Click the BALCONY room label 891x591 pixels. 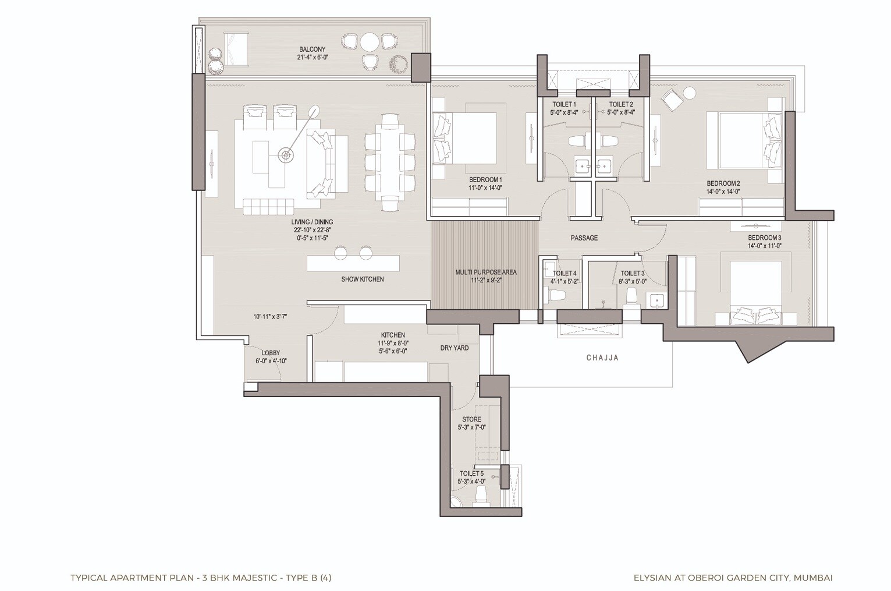pos(312,49)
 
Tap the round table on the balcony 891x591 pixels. pos(370,42)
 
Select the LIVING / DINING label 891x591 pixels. pos(312,222)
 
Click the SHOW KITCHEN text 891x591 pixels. pos(362,279)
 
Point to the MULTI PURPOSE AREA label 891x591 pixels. pos(485,272)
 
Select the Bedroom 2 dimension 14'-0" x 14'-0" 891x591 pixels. pos(723,191)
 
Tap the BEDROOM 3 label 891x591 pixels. pos(764,238)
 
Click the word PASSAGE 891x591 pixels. pos(584,238)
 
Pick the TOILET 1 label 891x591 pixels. pos(564,104)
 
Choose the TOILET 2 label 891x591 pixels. pos(620,104)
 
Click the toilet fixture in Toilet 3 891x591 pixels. pos(630,298)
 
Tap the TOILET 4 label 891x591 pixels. pos(564,273)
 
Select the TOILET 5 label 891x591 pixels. pos(471,473)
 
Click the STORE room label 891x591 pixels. pos(471,419)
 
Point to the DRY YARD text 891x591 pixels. pos(454,348)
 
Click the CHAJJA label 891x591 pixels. pos(602,358)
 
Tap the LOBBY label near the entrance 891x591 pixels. pos(271,353)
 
